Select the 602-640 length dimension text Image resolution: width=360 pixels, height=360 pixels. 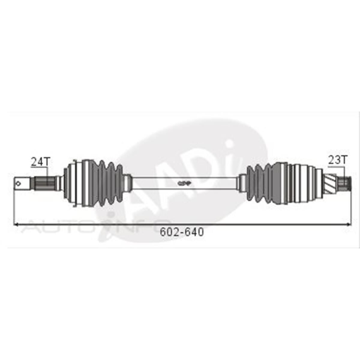[182, 232]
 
